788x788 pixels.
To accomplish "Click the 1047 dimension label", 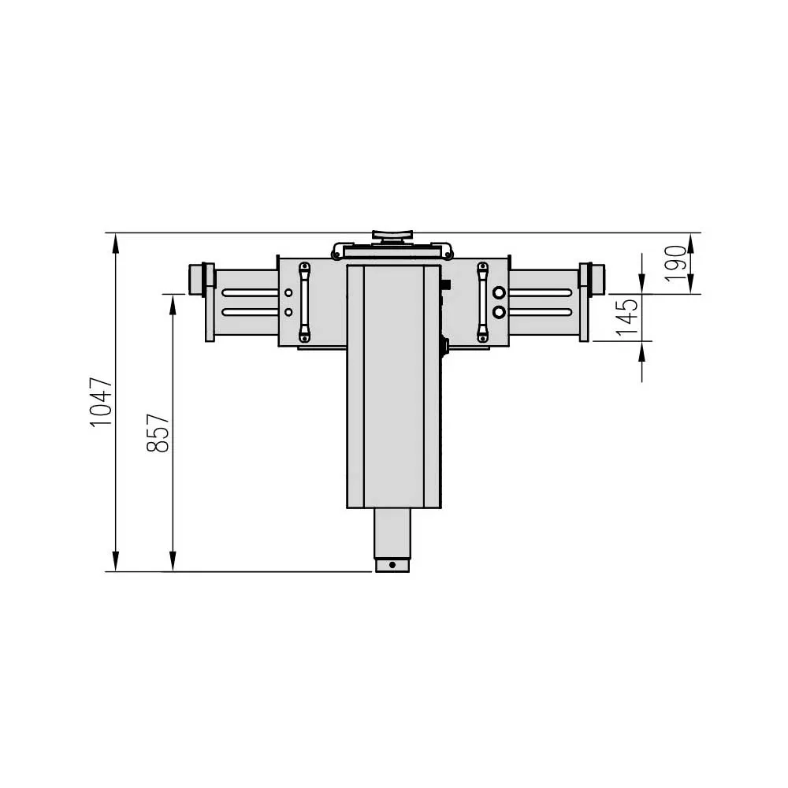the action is click(x=101, y=402).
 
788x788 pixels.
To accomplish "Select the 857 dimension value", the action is click(x=158, y=433).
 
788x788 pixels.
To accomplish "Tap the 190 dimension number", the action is click(x=675, y=263).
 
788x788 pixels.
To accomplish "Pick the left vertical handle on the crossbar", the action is click(x=304, y=302).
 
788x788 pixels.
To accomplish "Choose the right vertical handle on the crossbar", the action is click(x=482, y=302).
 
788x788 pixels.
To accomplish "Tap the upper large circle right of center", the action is click(x=499, y=292).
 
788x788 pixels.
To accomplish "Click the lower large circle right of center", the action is click(x=499, y=313).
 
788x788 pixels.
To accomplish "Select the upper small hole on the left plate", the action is click(x=288, y=292).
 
